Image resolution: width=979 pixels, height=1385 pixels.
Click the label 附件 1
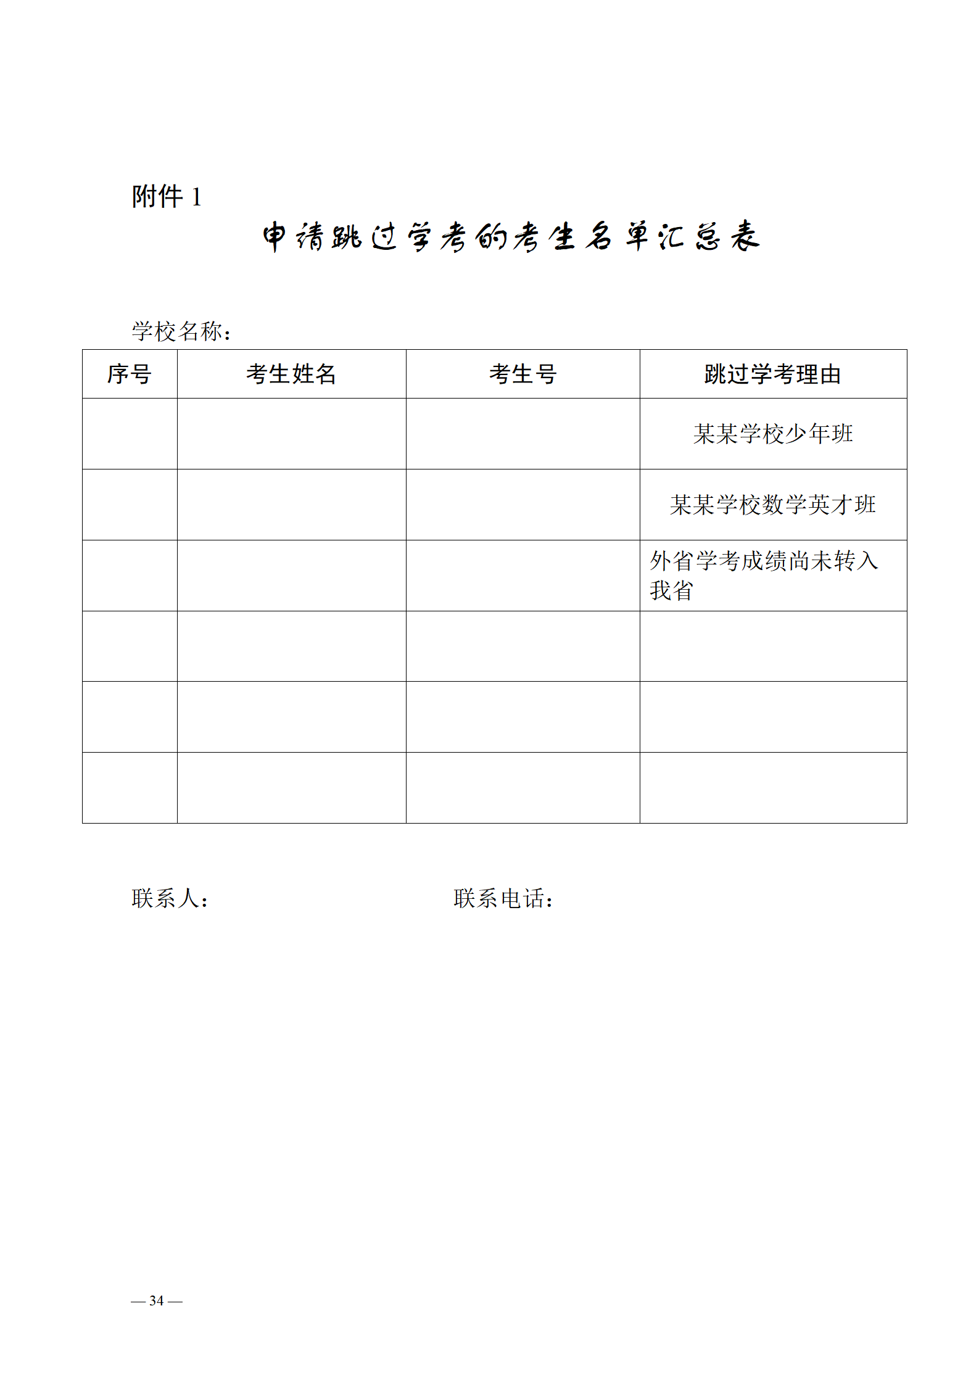(167, 197)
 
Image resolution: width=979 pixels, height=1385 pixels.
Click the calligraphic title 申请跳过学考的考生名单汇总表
(511, 236)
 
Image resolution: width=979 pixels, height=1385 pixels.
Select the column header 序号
(130, 374)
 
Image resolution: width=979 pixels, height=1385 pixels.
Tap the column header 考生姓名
(291, 374)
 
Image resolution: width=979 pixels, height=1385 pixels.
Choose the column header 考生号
(523, 374)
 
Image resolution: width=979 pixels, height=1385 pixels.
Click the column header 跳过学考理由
(773, 374)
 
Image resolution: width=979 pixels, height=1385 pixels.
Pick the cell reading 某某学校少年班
(773, 434)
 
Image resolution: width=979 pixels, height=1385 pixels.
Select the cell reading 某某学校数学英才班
(773, 505)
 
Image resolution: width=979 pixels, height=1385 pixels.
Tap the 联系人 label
(170, 898)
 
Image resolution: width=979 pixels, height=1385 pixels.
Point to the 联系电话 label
(503, 898)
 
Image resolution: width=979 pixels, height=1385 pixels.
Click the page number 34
(157, 1300)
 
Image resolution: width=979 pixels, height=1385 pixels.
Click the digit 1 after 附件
(196, 197)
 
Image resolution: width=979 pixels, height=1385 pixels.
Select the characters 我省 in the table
(671, 590)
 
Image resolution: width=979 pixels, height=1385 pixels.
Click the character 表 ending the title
(745, 236)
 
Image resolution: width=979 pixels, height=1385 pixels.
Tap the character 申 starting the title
(275, 237)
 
